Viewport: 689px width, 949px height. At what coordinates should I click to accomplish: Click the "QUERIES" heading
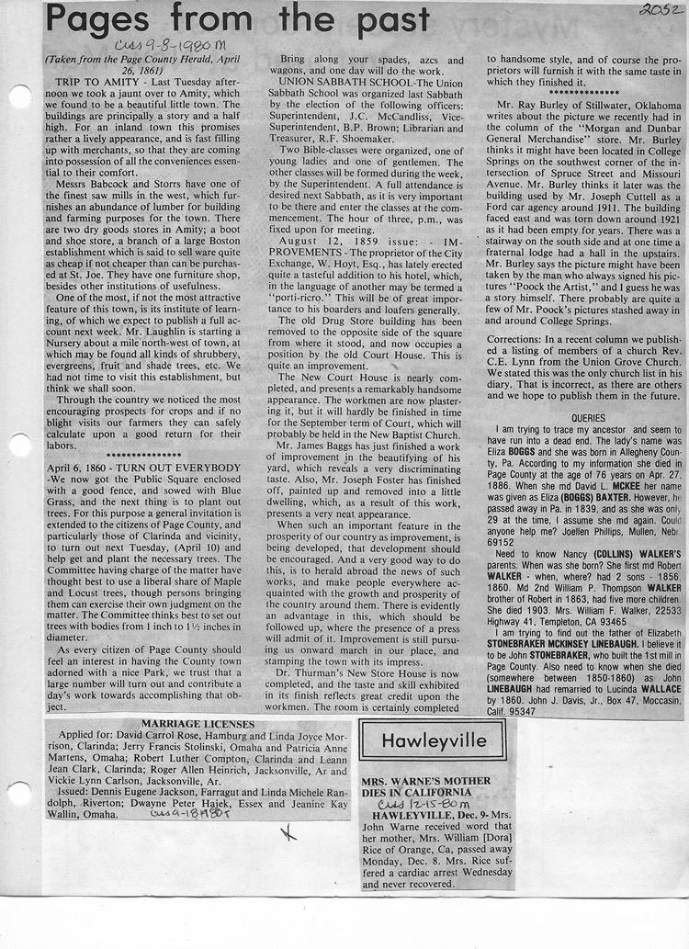(588, 417)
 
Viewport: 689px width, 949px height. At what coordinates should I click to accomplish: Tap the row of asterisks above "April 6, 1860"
(143, 455)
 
